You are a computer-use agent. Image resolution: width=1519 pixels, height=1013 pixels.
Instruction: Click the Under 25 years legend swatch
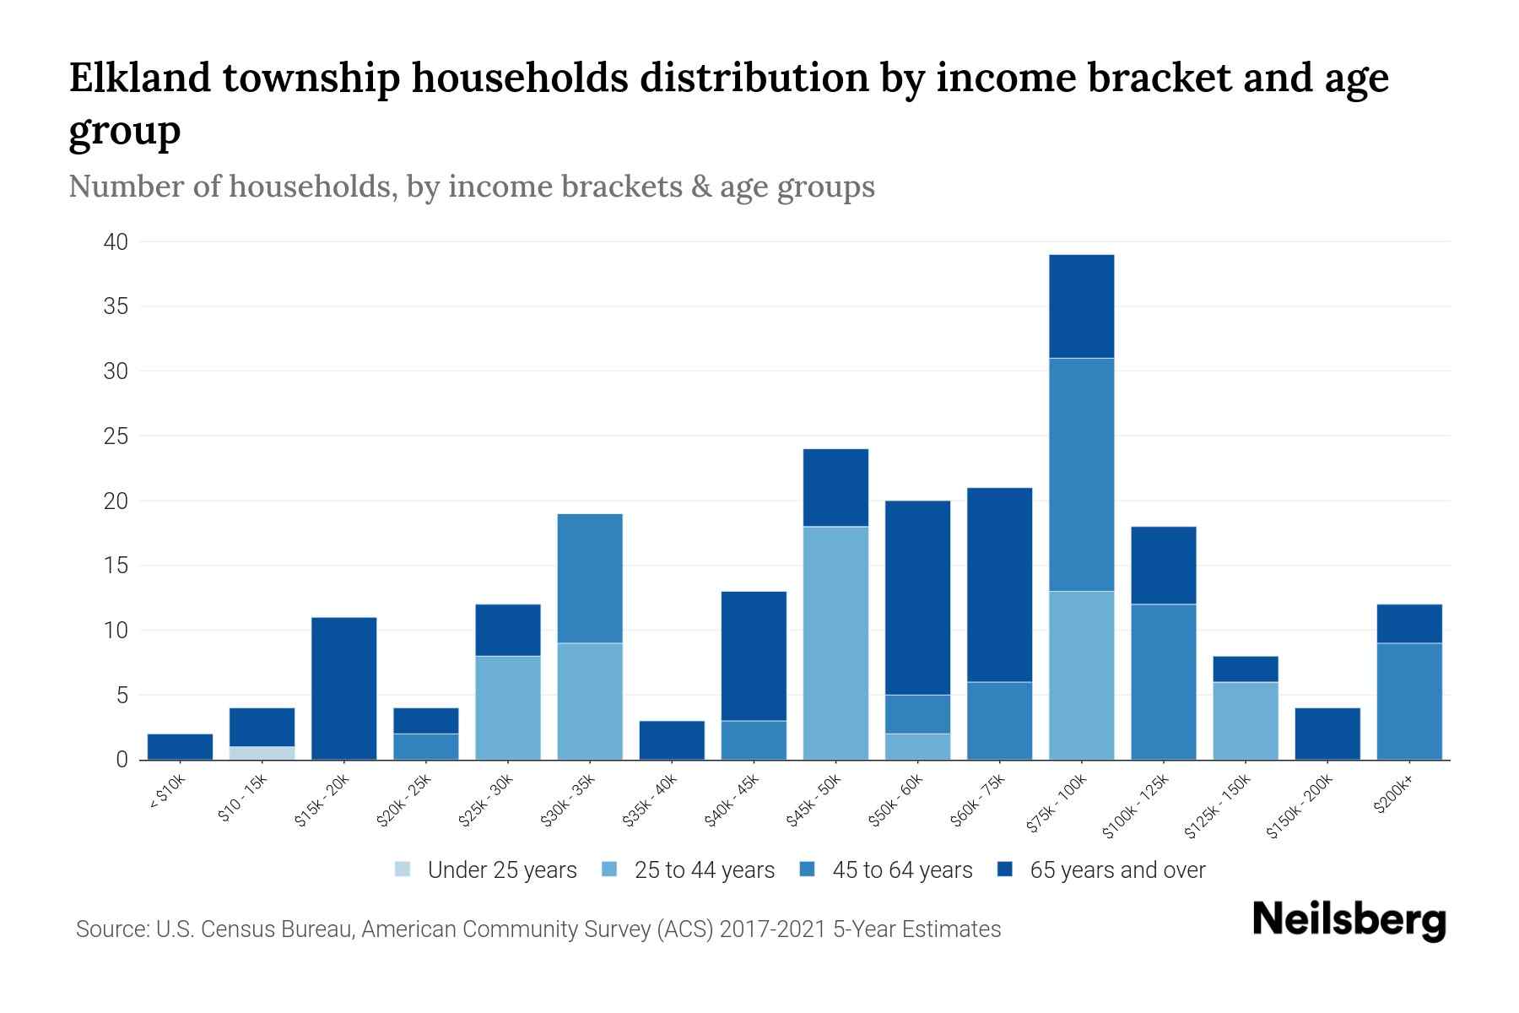[x=403, y=869]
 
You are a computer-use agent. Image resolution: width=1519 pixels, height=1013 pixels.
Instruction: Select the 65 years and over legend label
[x=1117, y=869]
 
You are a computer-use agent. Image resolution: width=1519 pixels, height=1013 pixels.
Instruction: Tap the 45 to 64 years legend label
[x=902, y=869]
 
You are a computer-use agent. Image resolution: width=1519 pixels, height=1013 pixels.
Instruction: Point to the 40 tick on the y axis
[x=116, y=242]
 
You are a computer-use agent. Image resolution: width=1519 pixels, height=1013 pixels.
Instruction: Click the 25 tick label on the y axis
[x=116, y=436]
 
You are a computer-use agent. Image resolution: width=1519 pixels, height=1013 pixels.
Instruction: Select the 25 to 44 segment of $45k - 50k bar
[x=835, y=643]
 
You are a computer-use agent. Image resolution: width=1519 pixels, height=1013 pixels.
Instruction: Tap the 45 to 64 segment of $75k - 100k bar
[x=1081, y=474]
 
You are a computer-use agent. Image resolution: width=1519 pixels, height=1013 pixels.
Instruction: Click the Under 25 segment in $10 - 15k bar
[x=262, y=753]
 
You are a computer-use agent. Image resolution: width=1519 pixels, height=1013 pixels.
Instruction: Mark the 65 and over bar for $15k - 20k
[x=343, y=688]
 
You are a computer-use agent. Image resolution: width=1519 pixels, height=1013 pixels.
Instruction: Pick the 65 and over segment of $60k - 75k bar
[x=999, y=584]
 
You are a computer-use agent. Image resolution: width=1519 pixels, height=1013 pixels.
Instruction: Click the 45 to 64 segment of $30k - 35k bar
[x=590, y=578]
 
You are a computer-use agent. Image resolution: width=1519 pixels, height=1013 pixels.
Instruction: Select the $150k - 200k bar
[x=1327, y=734]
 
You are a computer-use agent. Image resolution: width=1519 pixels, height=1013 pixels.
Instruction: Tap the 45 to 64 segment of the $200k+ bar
[x=1408, y=702]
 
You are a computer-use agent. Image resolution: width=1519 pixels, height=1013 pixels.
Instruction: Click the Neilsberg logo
[x=1349, y=920]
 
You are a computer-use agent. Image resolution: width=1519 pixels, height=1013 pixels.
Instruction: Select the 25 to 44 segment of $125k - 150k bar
[x=1245, y=721]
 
